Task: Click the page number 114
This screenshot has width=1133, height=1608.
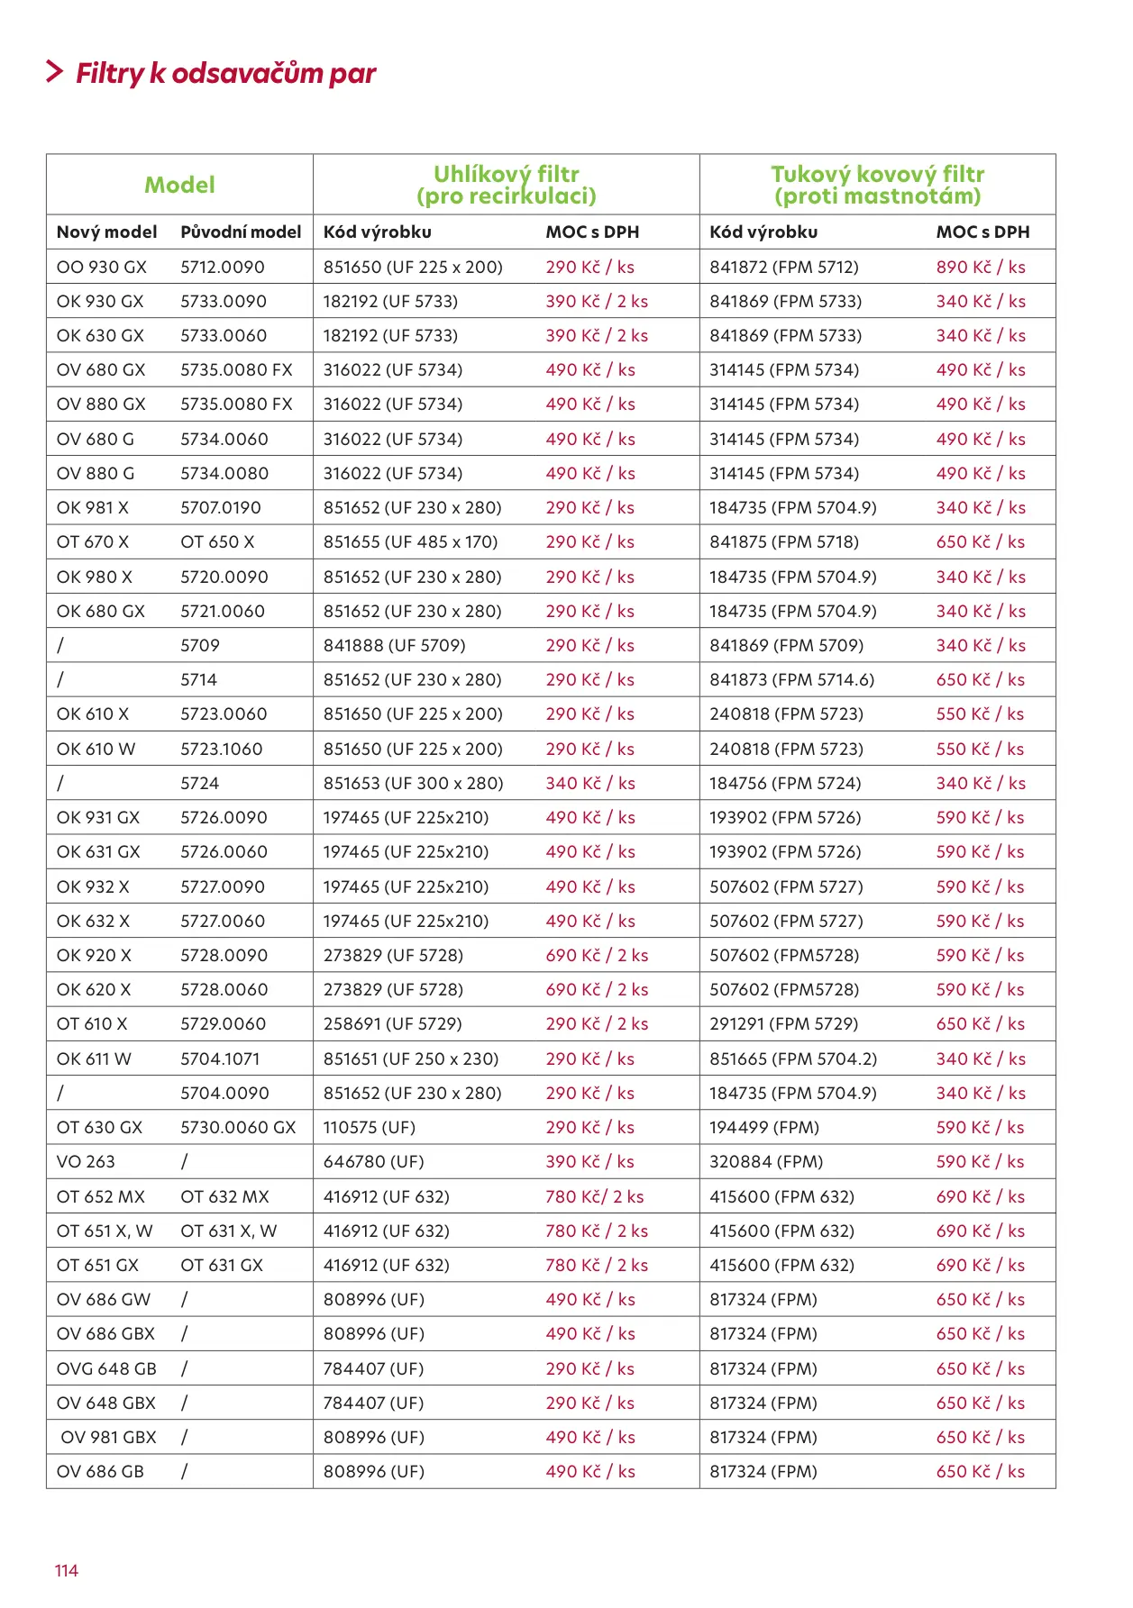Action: [66, 1571]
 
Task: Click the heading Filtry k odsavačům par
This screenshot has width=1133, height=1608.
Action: [225, 73]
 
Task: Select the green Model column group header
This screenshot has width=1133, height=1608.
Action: [179, 185]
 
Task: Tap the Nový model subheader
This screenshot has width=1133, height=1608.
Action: [106, 232]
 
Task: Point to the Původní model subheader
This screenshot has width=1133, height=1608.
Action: [241, 232]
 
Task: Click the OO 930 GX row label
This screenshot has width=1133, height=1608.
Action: [101, 268]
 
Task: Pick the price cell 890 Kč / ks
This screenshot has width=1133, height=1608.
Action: [981, 268]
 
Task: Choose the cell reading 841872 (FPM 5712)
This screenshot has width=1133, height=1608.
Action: [783, 268]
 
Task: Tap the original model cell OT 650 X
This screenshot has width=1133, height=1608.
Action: [217, 542]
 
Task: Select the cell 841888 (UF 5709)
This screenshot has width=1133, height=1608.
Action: [394, 646]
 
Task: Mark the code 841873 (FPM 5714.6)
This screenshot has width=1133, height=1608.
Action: [791, 680]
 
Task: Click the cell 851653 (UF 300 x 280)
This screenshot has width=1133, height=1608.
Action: [413, 784]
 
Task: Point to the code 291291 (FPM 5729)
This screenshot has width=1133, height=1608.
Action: [783, 1024]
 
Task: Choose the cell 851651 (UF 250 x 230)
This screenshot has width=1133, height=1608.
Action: [411, 1059]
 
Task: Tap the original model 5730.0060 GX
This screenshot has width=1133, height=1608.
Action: [238, 1128]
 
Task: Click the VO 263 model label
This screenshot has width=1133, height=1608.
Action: [86, 1162]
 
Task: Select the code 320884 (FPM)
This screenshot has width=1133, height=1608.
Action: [766, 1162]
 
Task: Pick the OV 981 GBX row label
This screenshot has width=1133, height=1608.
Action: [108, 1438]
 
